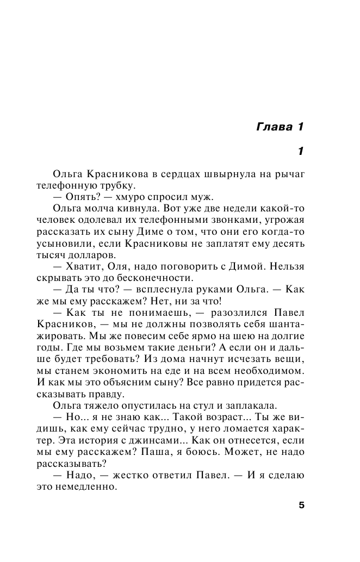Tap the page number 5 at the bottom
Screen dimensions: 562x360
(301, 505)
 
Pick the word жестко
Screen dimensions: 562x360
(138, 474)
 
